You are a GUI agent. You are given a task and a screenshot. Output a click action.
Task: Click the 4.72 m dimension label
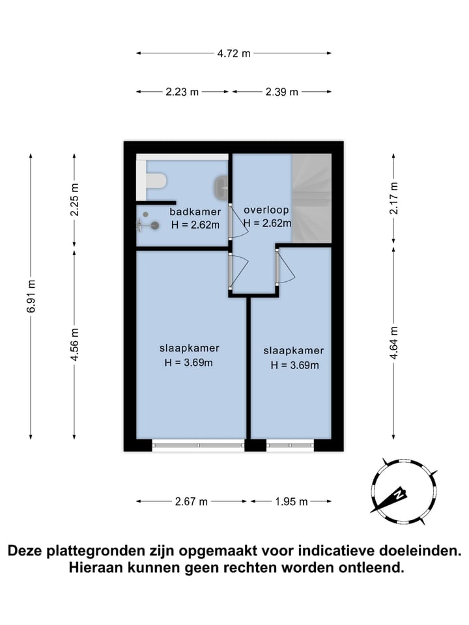[x=234, y=53]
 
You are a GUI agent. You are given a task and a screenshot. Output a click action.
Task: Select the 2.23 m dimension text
[x=182, y=92]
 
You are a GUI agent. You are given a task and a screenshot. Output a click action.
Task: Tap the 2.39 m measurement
[x=281, y=92]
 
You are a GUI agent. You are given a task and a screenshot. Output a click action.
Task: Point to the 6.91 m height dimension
[x=31, y=296]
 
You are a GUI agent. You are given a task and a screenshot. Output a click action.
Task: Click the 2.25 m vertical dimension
[x=74, y=199]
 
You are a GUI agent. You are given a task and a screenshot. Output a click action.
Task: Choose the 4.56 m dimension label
[x=74, y=344]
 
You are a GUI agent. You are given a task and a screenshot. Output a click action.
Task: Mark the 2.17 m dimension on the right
[x=393, y=198]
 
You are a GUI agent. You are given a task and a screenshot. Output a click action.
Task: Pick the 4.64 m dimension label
[x=393, y=343]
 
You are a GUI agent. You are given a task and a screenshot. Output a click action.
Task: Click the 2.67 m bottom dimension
[x=191, y=501]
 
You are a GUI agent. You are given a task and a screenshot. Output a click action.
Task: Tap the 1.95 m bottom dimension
[x=291, y=501]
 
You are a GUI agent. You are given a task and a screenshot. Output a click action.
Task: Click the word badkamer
[x=195, y=212]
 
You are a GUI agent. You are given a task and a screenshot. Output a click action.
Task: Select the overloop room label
[x=266, y=210]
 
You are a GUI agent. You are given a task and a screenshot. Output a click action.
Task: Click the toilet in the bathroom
[x=156, y=180]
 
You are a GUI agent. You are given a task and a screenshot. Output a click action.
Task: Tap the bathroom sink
[x=221, y=186]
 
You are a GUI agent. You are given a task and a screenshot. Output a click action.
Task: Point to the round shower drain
[x=155, y=226]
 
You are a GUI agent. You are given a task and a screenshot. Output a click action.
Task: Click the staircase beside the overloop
[x=311, y=198]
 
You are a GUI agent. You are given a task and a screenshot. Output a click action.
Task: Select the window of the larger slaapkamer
[x=198, y=445]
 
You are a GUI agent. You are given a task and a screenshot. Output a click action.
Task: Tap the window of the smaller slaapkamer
[x=290, y=445]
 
